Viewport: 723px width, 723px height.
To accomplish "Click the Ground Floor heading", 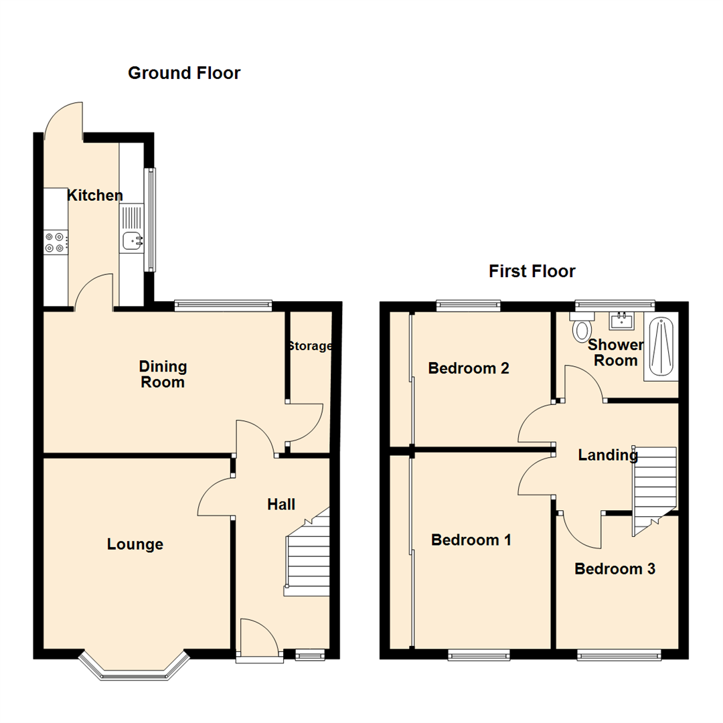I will (x=184, y=73).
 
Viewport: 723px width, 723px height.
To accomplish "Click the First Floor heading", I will (x=532, y=271).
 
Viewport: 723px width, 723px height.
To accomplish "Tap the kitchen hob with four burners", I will (x=56, y=242).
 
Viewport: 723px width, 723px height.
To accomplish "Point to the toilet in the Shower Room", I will (x=583, y=329).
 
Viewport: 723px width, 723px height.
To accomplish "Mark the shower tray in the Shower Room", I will (x=661, y=348).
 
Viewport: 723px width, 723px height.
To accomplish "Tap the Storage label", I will (x=310, y=346).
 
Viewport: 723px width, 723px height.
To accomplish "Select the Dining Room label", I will (x=163, y=374).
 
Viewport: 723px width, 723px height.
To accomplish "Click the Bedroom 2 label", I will (x=469, y=368).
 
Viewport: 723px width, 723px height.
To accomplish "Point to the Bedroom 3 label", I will (x=615, y=568).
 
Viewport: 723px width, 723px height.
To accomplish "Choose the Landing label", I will (x=608, y=455).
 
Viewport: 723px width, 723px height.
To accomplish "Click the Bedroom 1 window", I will (x=479, y=655).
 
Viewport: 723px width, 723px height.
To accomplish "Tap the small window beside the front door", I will (x=310, y=655).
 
